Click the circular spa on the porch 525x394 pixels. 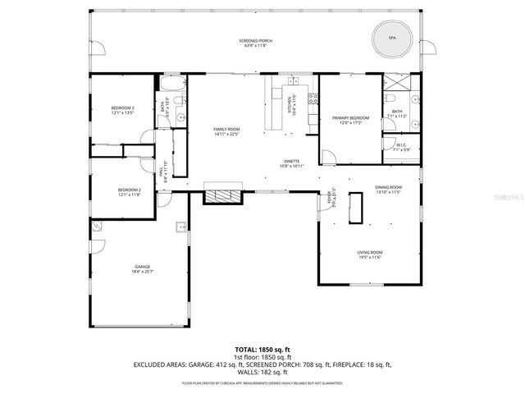pos(391,36)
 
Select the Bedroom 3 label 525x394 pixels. pos(122,111)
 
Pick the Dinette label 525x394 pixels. pos(291,163)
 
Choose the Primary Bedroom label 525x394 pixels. pos(350,121)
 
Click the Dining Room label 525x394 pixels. pos(388,190)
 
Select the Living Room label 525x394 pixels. pos(370,255)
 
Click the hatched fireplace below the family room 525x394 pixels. pos(223,196)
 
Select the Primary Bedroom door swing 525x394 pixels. pos(327,155)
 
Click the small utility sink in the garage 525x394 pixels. pos(179,226)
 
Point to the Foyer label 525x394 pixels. pos(331,198)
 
